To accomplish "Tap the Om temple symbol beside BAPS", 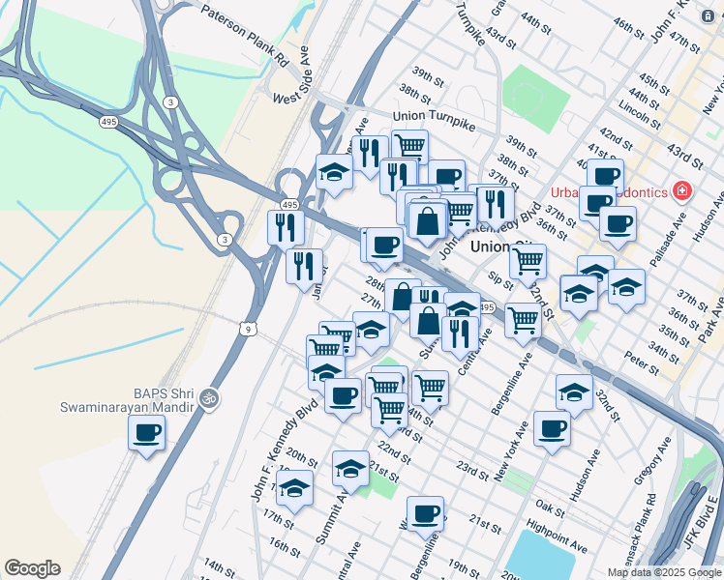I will pyautogui.click(x=206, y=397).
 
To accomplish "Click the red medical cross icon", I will pyautogui.click(x=684, y=190).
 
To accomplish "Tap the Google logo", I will pyautogui.click(x=32, y=568).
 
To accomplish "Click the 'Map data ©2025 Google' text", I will pyautogui.click(x=665, y=572).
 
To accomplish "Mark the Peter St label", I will pyautogui.click(x=641, y=363).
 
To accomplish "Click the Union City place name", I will pyautogui.click(x=501, y=246).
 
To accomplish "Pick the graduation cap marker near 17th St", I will pyautogui.click(x=295, y=489).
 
